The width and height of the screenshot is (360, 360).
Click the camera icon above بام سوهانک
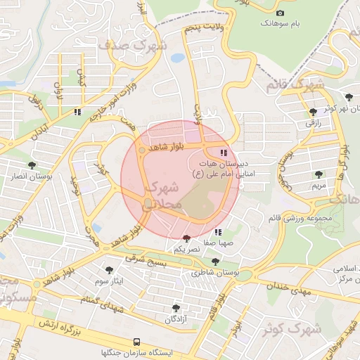click(x=281, y=13)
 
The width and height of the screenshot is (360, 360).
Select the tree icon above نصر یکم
click(x=186, y=239)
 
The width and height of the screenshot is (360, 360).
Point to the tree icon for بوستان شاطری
click(x=215, y=262)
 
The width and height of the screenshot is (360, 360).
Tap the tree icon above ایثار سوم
click(x=109, y=270)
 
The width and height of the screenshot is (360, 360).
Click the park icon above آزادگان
click(x=176, y=308)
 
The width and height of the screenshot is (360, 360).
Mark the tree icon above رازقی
click(x=313, y=112)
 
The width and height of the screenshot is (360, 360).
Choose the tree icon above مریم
click(x=319, y=174)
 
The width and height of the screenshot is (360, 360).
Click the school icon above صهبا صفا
click(x=219, y=231)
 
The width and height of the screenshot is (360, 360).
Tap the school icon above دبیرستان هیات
click(x=224, y=153)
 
